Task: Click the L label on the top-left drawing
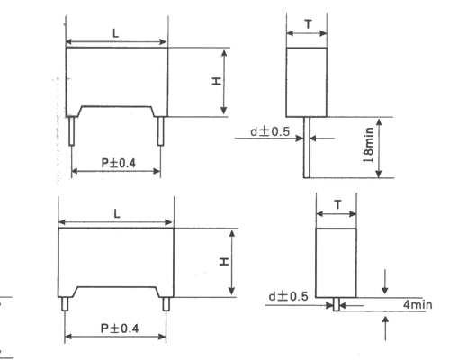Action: point(117,32)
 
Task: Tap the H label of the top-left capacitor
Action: point(216,81)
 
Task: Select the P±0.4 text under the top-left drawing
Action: point(117,162)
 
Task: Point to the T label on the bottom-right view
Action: point(337,204)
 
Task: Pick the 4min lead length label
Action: point(416,306)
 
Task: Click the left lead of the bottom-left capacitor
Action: point(65,302)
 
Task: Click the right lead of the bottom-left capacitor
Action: point(166,302)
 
